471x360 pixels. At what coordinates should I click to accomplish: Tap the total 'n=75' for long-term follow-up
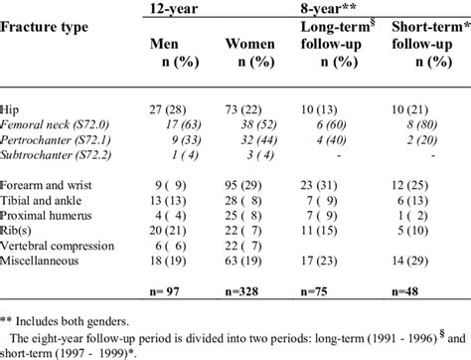325,292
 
